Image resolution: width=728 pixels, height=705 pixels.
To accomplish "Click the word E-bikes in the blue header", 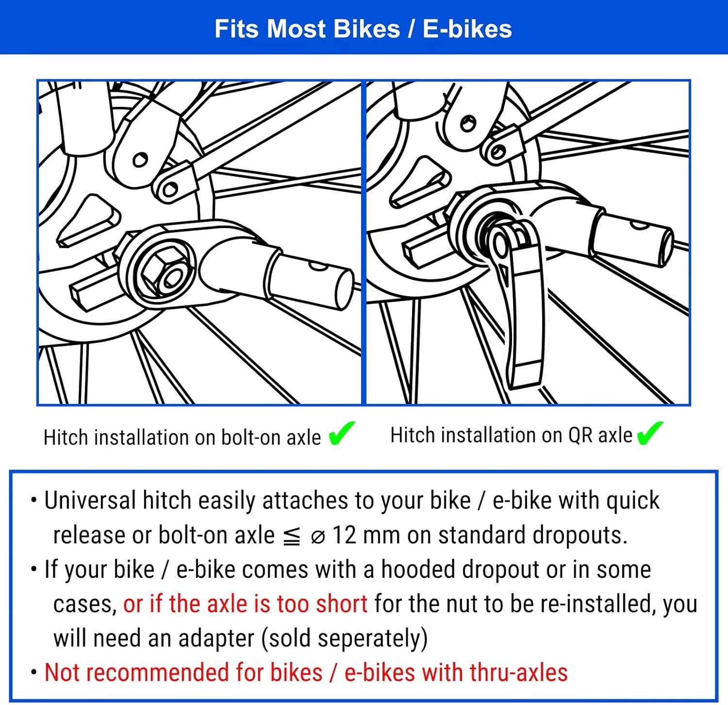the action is pyautogui.click(x=467, y=29).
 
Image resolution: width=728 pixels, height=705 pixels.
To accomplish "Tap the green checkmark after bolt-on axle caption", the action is pyautogui.click(x=342, y=433).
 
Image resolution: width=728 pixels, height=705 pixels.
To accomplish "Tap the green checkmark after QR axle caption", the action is pyautogui.click(x=649, y=433).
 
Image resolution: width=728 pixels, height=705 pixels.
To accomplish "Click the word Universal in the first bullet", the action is pyautogui.click(x=90, y=500).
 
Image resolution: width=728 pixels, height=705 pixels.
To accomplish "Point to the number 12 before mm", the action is pyautogui.click(x=344, y=535).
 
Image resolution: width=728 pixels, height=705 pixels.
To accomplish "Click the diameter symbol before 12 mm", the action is pyautogui.click(x=317, y=537).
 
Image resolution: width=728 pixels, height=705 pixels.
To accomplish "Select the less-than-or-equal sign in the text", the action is pyautogui.click(x=291, y=537).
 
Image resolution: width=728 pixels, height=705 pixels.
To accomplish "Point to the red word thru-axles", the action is pyautogui.click(x=518, y=673).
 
